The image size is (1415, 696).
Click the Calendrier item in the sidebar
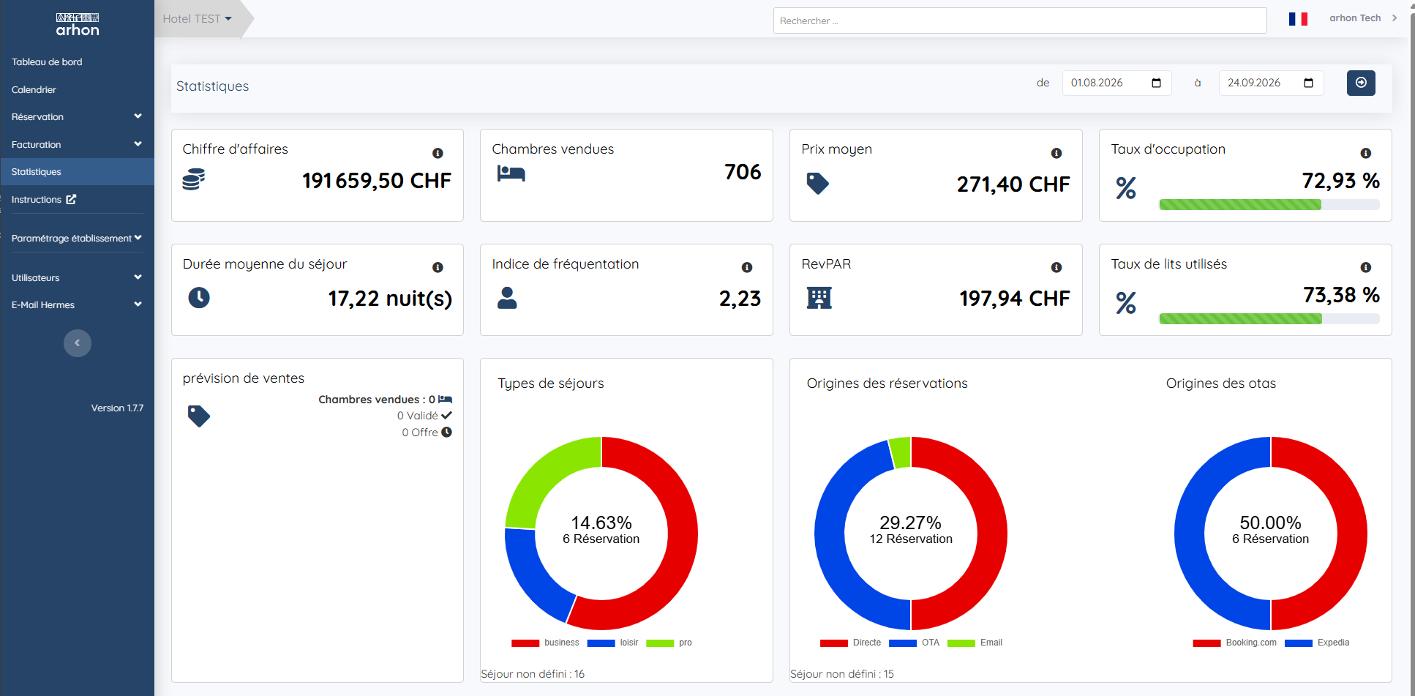pyautogui.click(x=34, y=89)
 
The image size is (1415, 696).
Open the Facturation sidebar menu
pyautogui.click(x=77, y=144)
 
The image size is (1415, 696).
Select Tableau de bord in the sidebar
pyautogui.click(x=47, y=62)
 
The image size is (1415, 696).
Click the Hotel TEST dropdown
pyautogui.click(x=197, y=19)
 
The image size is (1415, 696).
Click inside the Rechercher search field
pyautogui.click(x=1019, y=20)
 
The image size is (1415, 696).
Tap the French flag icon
pyautogui.click(x=1298, y=19)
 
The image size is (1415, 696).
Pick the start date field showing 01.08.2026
pyautogui.click(x=1116, y=83)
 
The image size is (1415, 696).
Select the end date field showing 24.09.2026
pyautogui.click(x=1271, y=83)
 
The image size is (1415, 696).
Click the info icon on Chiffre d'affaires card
pyautogui.click(x=438, y=153)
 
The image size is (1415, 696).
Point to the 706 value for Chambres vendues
pyautogui.click(x=743, y=172)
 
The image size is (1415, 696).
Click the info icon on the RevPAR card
pyautogui.click(x=1056, y=268)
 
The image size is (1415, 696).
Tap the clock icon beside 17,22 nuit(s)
pyautogui.click(x=199, y=298)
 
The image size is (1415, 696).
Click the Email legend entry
pyautogui.click(x=975, y=643)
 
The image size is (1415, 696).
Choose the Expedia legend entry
pyautogui.click(x=1317, y=643)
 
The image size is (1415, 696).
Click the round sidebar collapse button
pyautogui.click(x=78, y=343)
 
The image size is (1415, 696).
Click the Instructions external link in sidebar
pyautogui.click(x=44, y=199)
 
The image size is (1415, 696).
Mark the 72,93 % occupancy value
pyautogui.click(x=1340, y=181)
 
